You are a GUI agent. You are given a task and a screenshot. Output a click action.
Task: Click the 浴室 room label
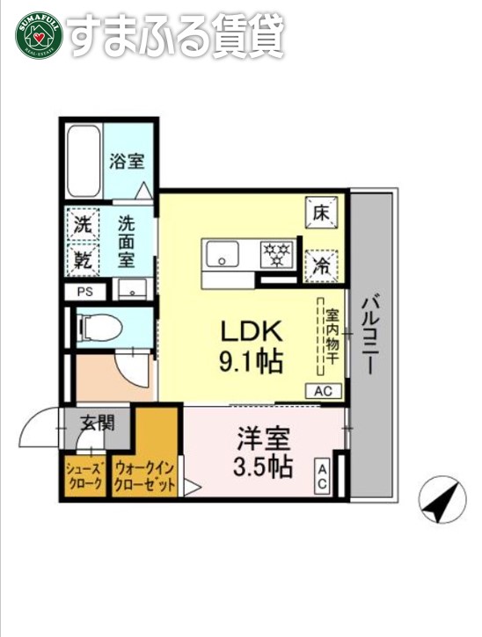[x=127, y=162]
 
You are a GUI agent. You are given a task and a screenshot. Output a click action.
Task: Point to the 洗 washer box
[x=82, y=224]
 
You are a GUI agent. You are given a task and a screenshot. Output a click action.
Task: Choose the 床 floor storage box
[x=321, y=211]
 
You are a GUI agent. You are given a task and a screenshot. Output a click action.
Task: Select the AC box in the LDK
[x=324, y=391]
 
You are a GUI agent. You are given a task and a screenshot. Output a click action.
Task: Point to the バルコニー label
[x=370, y=334]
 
